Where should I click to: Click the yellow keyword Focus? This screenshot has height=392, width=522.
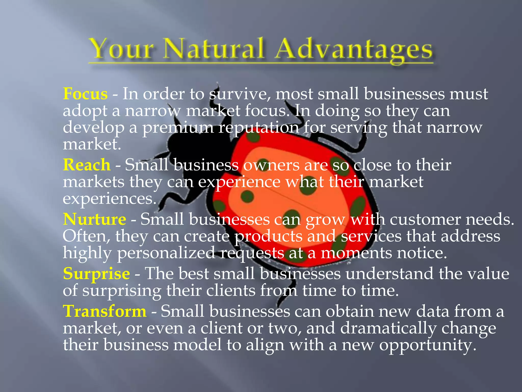tap(85, 94)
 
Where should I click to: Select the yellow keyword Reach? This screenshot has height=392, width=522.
tap(87, 165)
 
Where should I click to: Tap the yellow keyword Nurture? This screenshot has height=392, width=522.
tap(95, 219)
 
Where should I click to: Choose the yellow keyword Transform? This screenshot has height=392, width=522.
tap(105, 311)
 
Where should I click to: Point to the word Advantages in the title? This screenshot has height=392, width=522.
tap(354, 50)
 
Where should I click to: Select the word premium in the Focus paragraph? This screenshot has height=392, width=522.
tap(178, 128)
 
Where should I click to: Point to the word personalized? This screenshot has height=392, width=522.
tap(166, 253)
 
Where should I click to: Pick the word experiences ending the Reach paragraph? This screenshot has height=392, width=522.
tap(109, 199)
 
